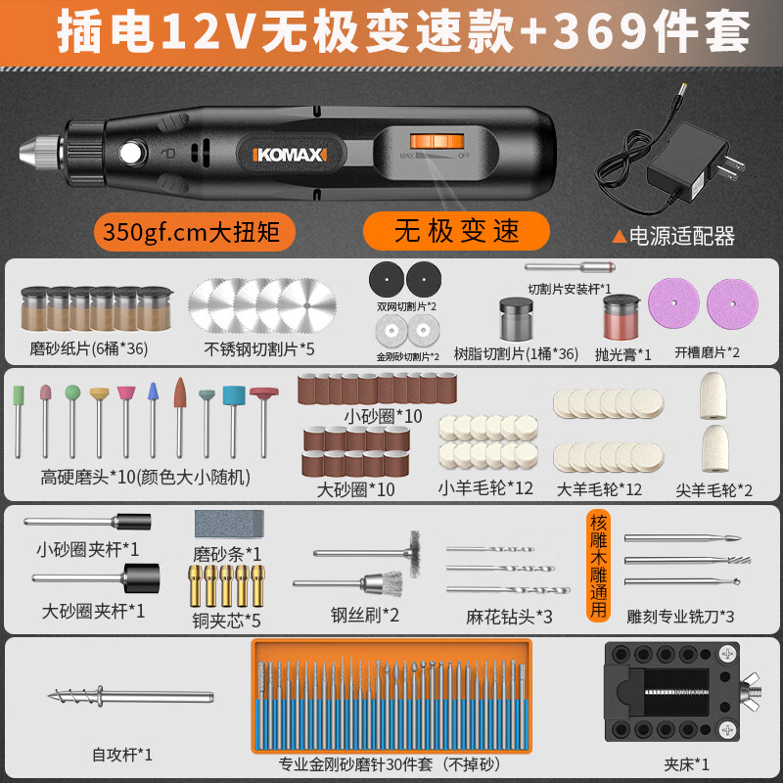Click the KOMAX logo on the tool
290,155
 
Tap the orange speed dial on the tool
437,141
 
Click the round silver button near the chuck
131,153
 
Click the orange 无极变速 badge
456,231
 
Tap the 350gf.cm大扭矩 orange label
194,232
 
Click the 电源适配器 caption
681,236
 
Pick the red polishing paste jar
621,317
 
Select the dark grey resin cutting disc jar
517,319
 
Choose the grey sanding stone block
229,524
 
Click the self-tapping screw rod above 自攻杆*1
131,696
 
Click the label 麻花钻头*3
509,617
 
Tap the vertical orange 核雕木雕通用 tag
598,566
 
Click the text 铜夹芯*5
226,621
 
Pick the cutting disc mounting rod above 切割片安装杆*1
570,267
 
